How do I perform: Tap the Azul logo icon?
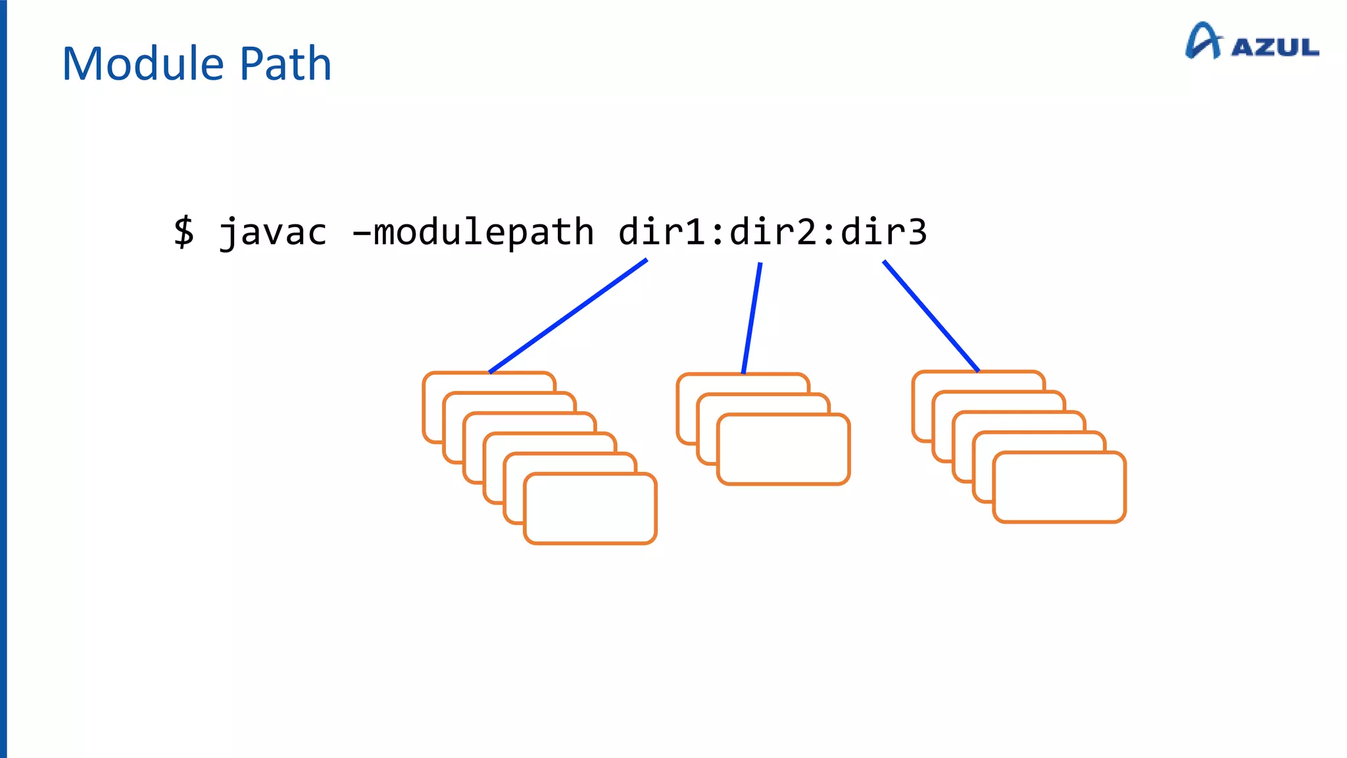pyautogui.click(x=1203, y=41)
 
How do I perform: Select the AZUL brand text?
pyautogui.click(x=1275, y=47)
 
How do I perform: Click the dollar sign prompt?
pyautogui.click(x=184, y=232)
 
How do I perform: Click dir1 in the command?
pyautogui.click(x=662, y=232)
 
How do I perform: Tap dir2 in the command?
pyautogui.click(x=773, y=232)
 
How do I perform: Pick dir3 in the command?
pyautogui.click(x=884, y=232)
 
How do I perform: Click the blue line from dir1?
pyautogui.click(x=569, y=316)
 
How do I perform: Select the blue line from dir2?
pyautogui.click(x=752, y=318)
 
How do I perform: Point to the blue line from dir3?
pyautogui.click(x=931, y=316)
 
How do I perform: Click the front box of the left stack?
pyautogui.click(x=590, y=509)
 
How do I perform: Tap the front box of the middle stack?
pyautogui.click(x=783, y=449)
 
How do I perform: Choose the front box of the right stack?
pyautogui.click(x=1059, y=488)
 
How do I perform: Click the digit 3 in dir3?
pyautogui.click(x=917, y=232)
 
